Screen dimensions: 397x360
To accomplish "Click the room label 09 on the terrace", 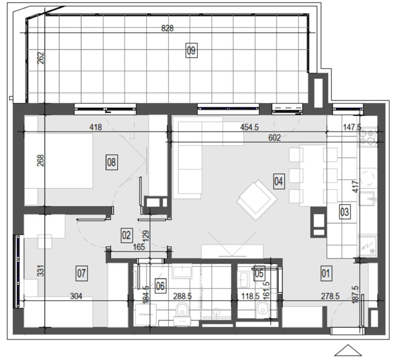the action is (192, 50).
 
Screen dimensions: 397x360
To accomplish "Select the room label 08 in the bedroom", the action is (112, 162).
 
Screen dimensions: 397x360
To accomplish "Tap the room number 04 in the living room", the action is (279, 181).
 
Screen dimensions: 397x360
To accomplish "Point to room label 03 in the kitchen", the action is (345, 212).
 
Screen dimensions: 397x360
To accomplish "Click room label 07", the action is (82, 273).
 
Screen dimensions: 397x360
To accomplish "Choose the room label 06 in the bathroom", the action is (160, 286).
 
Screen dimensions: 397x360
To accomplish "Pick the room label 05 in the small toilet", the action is (259, 273).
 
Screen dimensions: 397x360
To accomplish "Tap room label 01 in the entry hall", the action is (326, 273).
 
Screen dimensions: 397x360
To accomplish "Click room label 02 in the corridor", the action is (127, 235).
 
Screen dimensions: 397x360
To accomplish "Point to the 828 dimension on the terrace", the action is (167, 28).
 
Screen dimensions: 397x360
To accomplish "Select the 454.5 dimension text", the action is (249, 127).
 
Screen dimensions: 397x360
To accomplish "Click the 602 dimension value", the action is (275, 138).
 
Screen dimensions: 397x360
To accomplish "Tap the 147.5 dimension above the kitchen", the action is (352, 127).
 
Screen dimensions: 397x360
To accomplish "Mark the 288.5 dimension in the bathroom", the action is (182, 296).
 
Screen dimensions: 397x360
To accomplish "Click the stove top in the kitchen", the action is (367, 137).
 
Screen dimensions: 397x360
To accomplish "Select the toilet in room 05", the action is (262, 310).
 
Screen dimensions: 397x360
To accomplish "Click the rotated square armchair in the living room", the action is (257, 200).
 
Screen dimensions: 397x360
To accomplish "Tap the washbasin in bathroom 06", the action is (182, 271).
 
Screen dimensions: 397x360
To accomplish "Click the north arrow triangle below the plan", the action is (348, 351).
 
